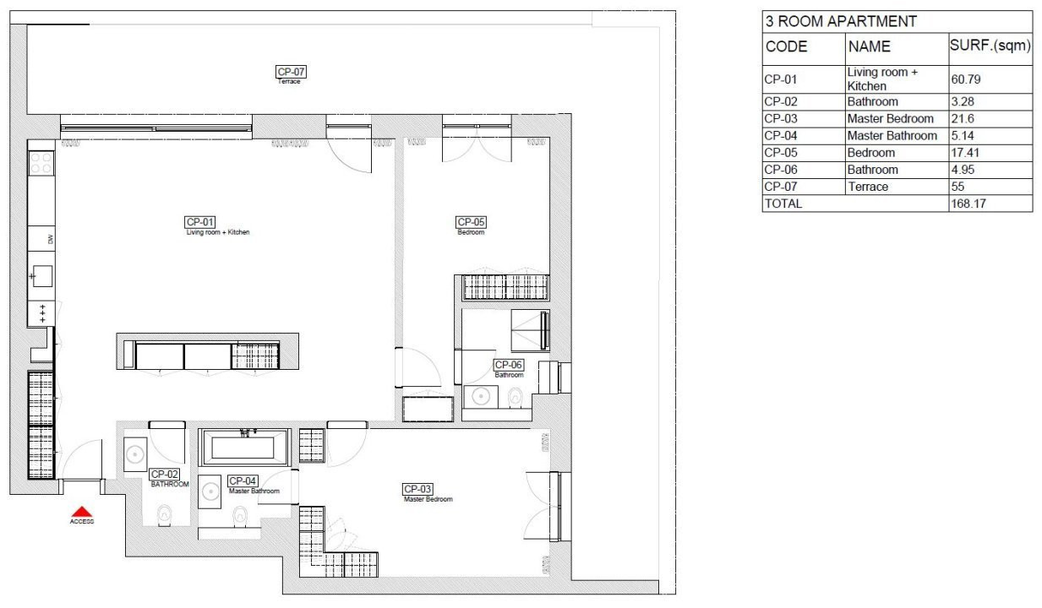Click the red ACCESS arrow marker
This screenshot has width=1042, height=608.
81,511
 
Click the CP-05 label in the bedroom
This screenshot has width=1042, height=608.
471,222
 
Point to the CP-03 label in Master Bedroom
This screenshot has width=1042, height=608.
417,489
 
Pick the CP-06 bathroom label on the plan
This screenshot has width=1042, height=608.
509,365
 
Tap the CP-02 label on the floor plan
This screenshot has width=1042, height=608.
164,475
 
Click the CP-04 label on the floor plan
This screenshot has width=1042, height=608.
243,480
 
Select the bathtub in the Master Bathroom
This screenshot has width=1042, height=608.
243,447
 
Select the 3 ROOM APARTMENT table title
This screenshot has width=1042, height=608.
840,22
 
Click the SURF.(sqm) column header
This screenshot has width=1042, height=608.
990,46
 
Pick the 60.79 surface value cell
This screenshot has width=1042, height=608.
967,79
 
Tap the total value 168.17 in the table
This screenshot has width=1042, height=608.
968,204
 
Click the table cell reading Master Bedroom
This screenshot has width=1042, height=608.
890,119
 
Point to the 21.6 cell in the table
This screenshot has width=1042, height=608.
963,119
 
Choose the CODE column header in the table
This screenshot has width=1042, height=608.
786,47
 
